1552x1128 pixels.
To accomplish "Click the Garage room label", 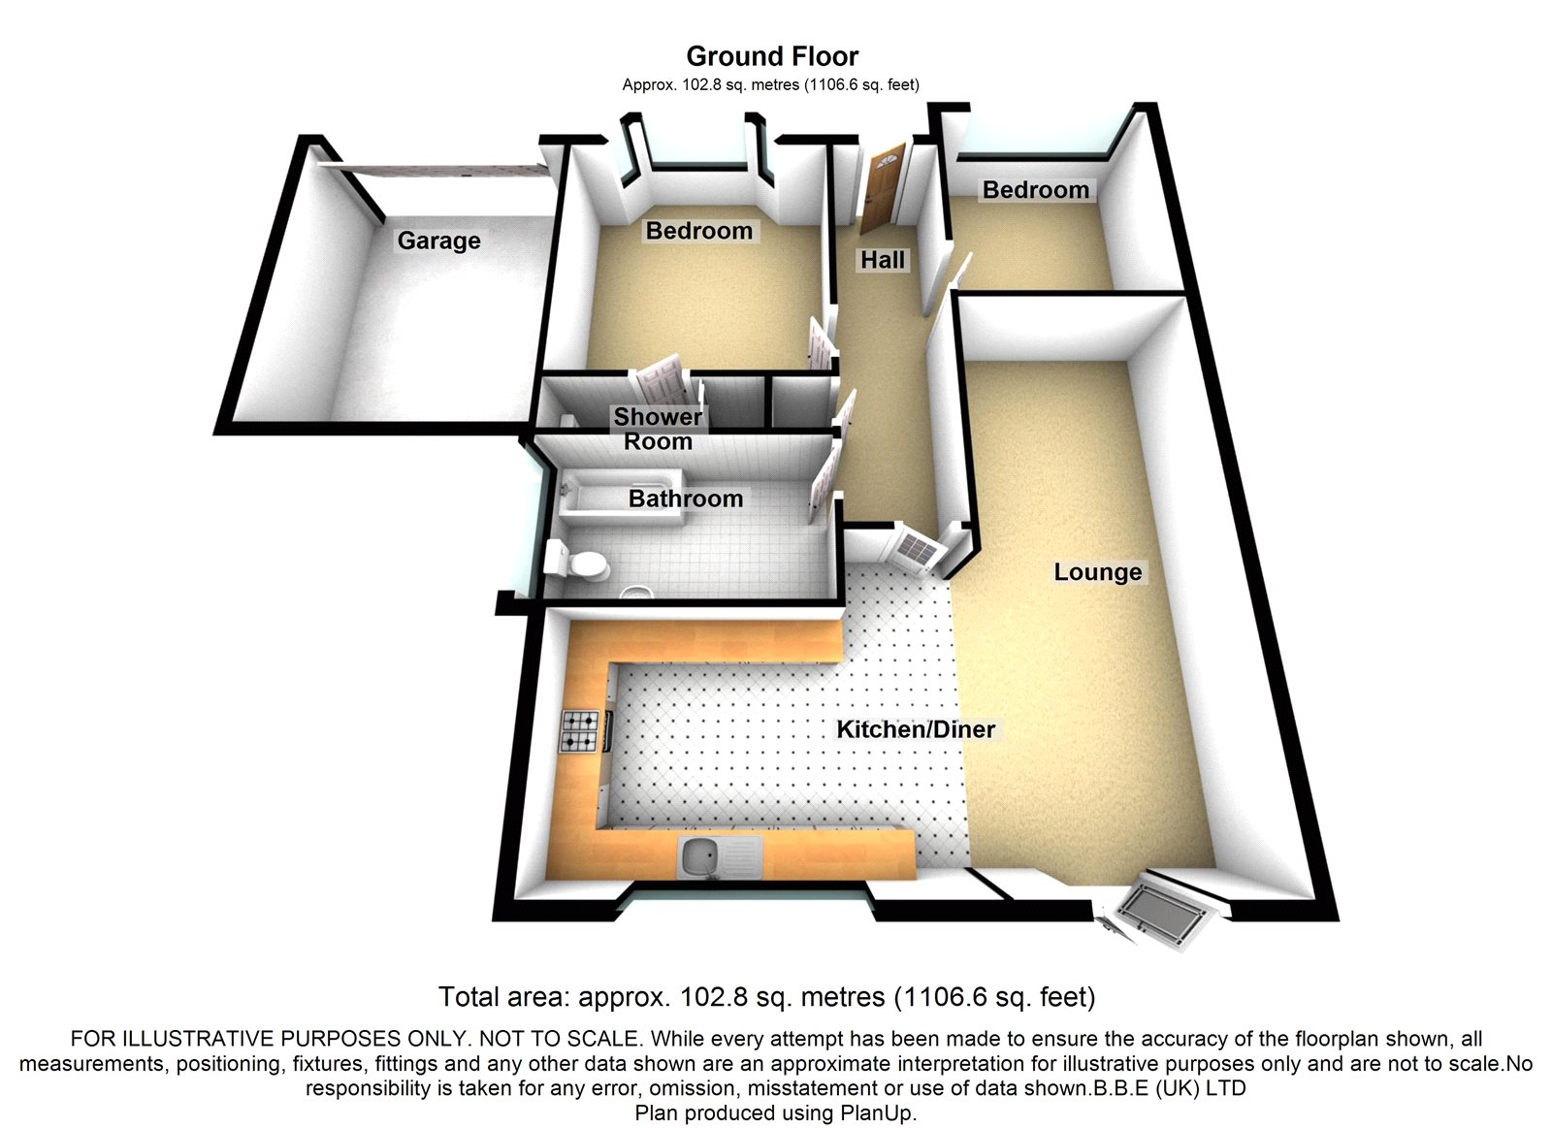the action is click(x=438, y=241).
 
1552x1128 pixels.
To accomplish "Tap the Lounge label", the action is click(x=1097, y=572).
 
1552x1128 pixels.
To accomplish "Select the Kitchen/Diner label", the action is click(x=916, y=729).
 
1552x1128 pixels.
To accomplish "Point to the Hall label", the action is click(x=882, y=260).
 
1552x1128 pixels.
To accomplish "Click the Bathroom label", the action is click(x=685, y=499).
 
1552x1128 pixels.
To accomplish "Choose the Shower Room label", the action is click(x=658, y=429).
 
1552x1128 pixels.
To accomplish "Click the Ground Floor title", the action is click(x=772, y=56).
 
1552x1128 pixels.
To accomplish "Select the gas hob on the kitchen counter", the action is click(x=581, y=732).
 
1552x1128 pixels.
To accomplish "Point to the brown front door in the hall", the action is click(x=881, y=188).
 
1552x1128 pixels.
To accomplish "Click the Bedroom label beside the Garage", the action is click(x=698, y=231).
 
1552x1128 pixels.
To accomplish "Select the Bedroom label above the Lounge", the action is click(x=1035, y=190).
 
